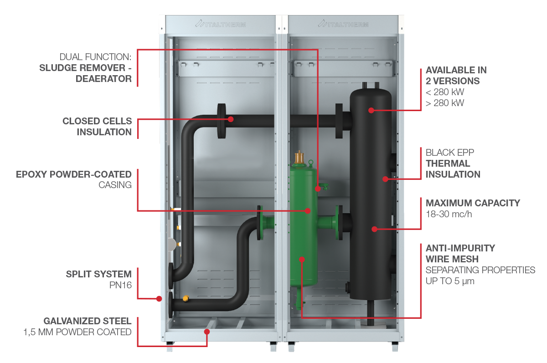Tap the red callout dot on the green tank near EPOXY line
(x=308, y=210)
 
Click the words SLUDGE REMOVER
(x=85, y=68)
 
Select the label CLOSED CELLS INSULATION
(x=97, y=127)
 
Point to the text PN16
(x=120, y=285)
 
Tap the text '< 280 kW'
(x=445, y=92)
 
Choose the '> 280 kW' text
(x=445, y=103)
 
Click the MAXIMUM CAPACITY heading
(x=473, y=203)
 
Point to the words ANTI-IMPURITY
(x=460, y=248)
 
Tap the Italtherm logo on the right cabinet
(x=343, y=24)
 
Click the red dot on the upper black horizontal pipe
(x=231, y=119)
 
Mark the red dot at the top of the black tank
(x=371, y=110)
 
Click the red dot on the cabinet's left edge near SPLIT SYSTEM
(x=159, y=299)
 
